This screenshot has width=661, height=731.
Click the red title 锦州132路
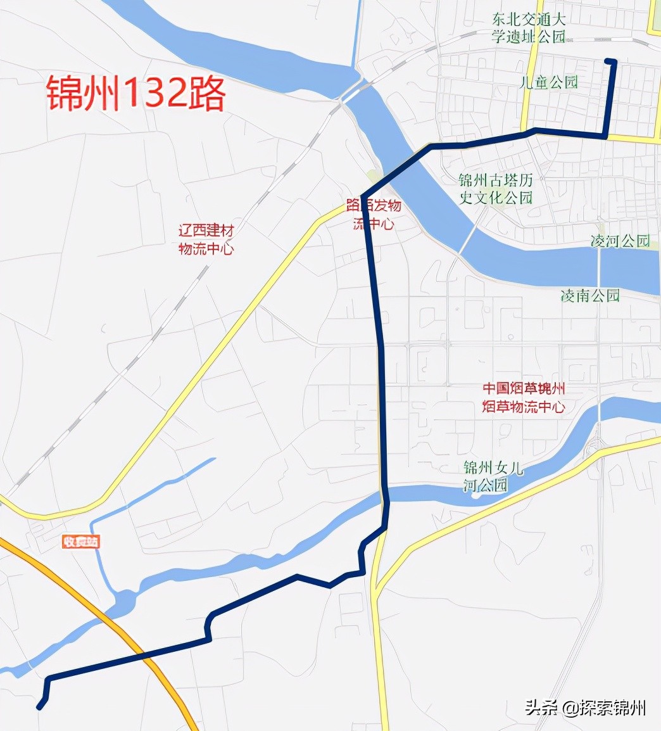click(x=135, y=94)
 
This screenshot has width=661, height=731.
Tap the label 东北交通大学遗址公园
click(x=529, y=27)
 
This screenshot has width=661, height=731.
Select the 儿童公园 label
click(x=548, y=82)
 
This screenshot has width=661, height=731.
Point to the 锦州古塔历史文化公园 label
click(x=496, y=189)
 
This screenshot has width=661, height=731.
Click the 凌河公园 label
click(x=620, y=241)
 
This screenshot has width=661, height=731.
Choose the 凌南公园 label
click(x=590, y=295)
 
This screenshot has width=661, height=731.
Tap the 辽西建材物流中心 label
click(x=206, y=240)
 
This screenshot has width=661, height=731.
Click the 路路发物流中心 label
click(x=374, y=215)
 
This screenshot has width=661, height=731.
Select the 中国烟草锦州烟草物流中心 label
click(x=524, y=397)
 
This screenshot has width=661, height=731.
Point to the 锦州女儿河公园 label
click(x=493, y=476)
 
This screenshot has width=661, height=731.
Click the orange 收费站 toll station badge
click(x=81, y=542)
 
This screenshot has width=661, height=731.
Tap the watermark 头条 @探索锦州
click(x=585, y=708)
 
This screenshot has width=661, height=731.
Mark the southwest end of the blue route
click(x=39, y=708)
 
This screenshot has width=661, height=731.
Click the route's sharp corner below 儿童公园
click(x=606, y=136)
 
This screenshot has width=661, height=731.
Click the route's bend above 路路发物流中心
click(x=363, y=195)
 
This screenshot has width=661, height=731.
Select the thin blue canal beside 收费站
click(x=98, y=557)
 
